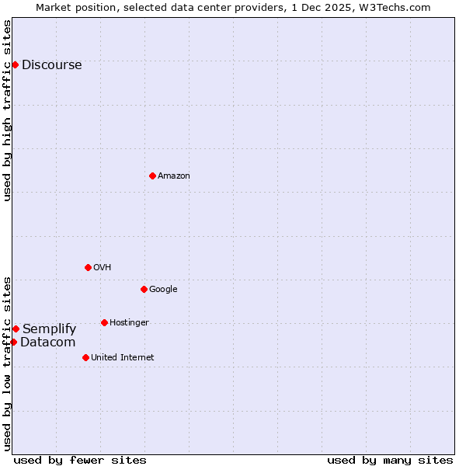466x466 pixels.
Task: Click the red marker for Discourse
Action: pos(15,64)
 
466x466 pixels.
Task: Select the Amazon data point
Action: pos(152,176)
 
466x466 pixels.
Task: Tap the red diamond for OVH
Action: pos(88,267)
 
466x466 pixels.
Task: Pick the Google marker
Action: pos(144,289)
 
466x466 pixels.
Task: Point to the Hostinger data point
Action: pos(104,322)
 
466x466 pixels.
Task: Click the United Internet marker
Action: pos(85,357)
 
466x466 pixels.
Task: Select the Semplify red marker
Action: pos(16,329)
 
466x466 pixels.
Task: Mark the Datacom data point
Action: pos(13,342)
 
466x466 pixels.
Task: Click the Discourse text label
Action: pos(51,65)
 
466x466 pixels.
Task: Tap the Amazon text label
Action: pos(174,176)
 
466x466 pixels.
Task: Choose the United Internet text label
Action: pos(122,358)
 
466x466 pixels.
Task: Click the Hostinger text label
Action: pos(129,323)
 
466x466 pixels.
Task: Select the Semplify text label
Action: pos(49,329)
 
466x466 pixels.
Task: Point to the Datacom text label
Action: pos(47,343)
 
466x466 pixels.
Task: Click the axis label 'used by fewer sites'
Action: pos(80,461)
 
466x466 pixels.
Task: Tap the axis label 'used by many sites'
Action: pos(390,461)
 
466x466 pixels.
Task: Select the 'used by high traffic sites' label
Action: pos(7,110)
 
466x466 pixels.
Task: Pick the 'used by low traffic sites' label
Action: pos(7,363)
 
